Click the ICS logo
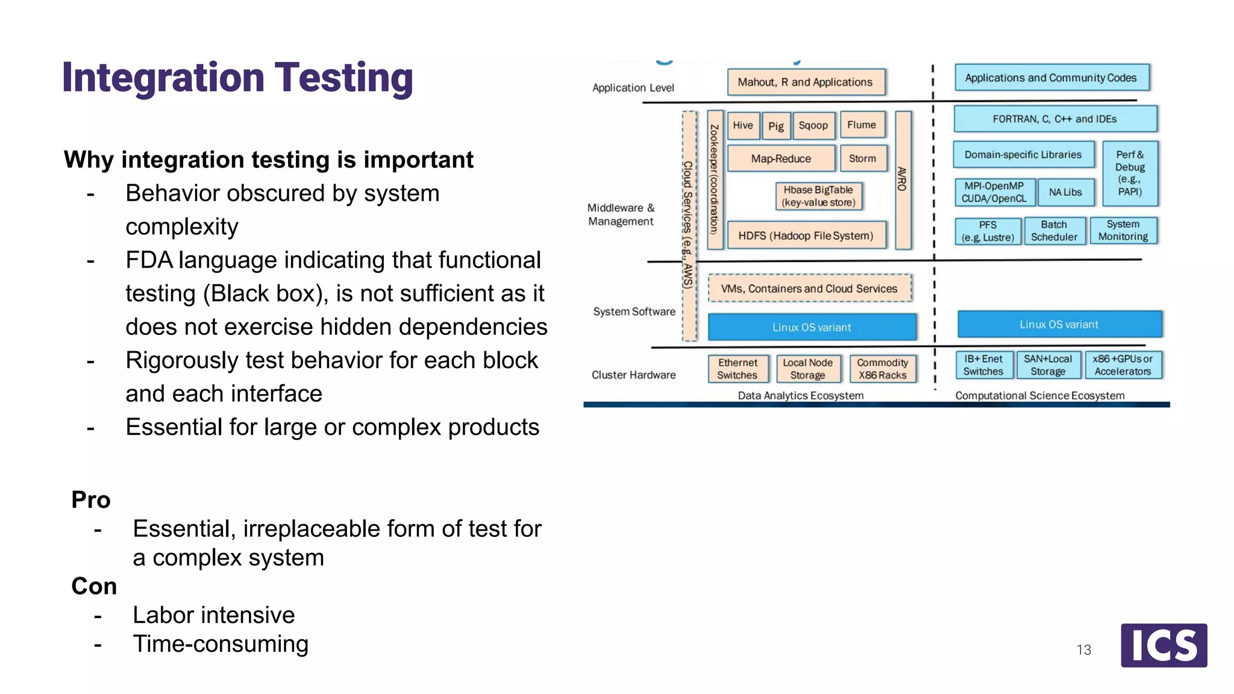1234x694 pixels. click(x=1164, y=645)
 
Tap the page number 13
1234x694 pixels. click(x=1083, y=650)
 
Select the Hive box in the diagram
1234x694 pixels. click(x=742, y=125)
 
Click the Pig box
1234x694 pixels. click(x=775, y=126)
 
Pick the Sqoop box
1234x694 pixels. click(x=813, y=125)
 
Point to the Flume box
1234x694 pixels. click(x=862, y=125)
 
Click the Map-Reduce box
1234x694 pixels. click(x=781, y=158)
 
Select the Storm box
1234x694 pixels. click(x=862, y=158)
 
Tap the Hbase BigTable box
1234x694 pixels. click(x=818, y=196)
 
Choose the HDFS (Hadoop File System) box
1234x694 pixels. click(x=806, y=236)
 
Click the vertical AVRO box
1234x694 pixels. click(x=903, y=180)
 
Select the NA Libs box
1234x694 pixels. click(x=1065, y=192)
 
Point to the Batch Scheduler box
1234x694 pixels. click(x=1054, y=231)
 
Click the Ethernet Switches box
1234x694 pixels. click(x=738, y=369)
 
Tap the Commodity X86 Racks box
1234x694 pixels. click(x=882, y=369)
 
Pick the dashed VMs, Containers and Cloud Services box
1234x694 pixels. click(x=809, y=289)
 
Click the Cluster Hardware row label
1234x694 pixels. click(x=634, y=375)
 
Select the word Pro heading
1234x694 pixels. click(x=91, y=500)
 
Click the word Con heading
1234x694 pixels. click(x=94, y=586)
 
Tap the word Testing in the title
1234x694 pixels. click(x=343, y=78)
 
